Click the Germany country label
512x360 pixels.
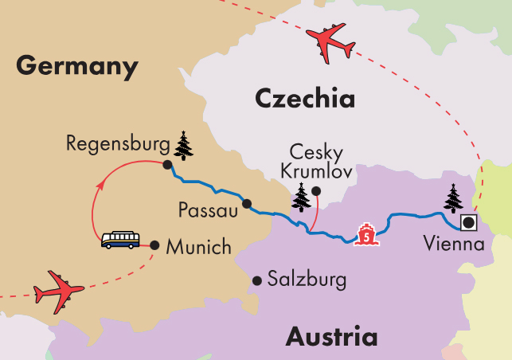76,65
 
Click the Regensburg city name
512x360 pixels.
118,144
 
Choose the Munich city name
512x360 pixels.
198,248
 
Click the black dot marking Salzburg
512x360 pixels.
257,280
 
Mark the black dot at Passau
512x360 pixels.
247,203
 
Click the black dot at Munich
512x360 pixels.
154,245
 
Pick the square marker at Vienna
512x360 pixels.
469,223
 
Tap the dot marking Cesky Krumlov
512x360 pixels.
316,190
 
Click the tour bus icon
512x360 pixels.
120,240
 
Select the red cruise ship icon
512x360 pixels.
365,235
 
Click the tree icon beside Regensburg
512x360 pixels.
184,147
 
